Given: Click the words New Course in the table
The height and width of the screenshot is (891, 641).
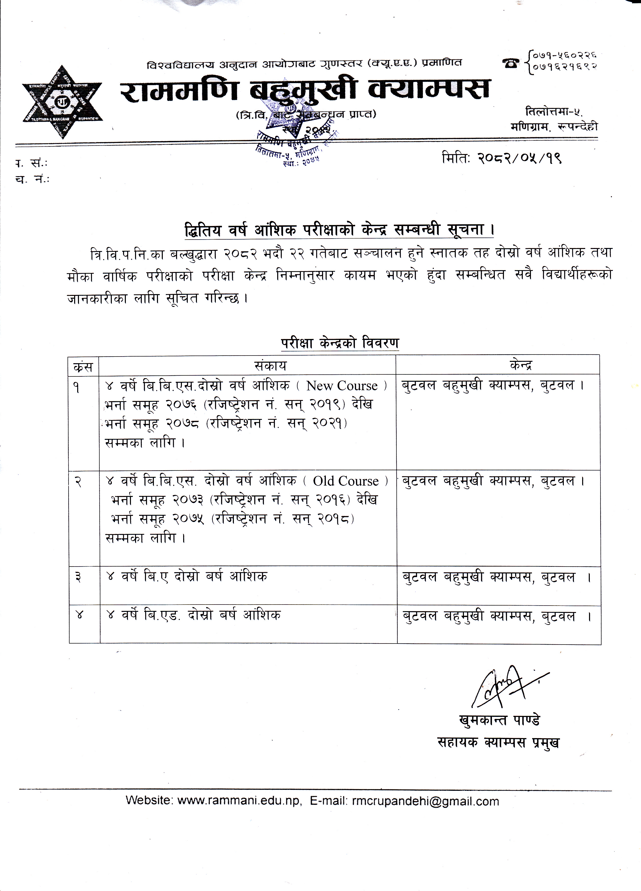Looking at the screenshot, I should coord(342,386).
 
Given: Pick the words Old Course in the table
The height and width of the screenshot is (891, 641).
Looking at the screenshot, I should coord(346,481).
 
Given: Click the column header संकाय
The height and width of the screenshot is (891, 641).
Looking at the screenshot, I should coord(270,366).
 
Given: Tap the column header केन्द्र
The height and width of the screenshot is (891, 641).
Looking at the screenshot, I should coord(521,366).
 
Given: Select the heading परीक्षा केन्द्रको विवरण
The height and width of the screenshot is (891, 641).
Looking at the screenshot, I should coord(340,343).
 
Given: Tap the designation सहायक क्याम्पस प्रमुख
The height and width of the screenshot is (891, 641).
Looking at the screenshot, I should coord(498,742).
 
